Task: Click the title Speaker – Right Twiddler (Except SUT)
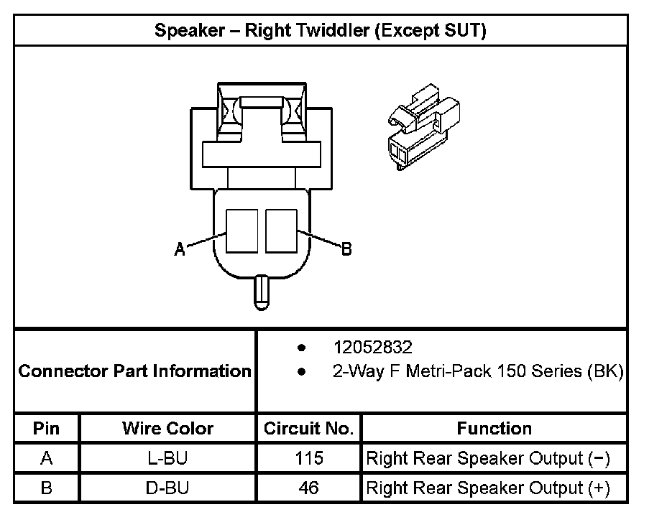click(321, 32)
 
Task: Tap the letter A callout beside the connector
click(180, 249)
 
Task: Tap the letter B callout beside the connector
click(346, 249)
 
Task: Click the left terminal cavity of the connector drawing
click(242, 231)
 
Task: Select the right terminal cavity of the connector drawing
click(281, 231)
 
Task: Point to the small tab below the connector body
click(262, 293)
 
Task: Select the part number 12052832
click(372, 348)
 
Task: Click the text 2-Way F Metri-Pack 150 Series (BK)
click(477, 372)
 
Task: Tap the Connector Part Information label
click(134, 371)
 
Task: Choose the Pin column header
click(47, 429)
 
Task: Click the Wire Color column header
click(167, 429)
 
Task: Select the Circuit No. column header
click(308, 429)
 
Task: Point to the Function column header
click(494, 429)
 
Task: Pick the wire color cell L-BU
click(167, 458)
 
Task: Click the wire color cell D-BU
click(167, 488)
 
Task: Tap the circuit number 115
click(309, 458)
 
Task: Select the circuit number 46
click(309, 488)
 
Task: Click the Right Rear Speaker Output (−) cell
click(488, 458)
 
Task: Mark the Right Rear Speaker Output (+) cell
click(488, 488)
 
